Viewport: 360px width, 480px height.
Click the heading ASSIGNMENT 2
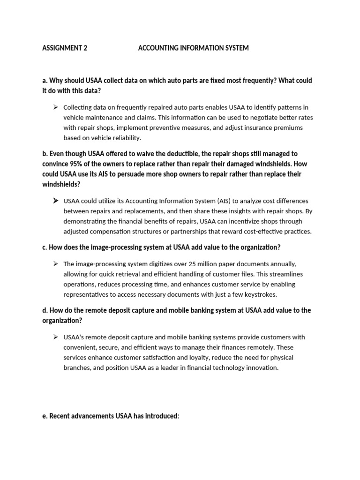click(65, 48)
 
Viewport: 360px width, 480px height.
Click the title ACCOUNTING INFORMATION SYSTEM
click(193, 48)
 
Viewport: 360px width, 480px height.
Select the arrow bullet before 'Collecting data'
click(55, 107)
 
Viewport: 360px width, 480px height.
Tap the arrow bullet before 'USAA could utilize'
click(55, 201)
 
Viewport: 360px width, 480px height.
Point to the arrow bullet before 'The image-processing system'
click(55, 263)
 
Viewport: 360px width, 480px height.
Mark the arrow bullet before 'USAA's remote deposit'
click(55, 337)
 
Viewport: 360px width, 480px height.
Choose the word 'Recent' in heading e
click(60, 416)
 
